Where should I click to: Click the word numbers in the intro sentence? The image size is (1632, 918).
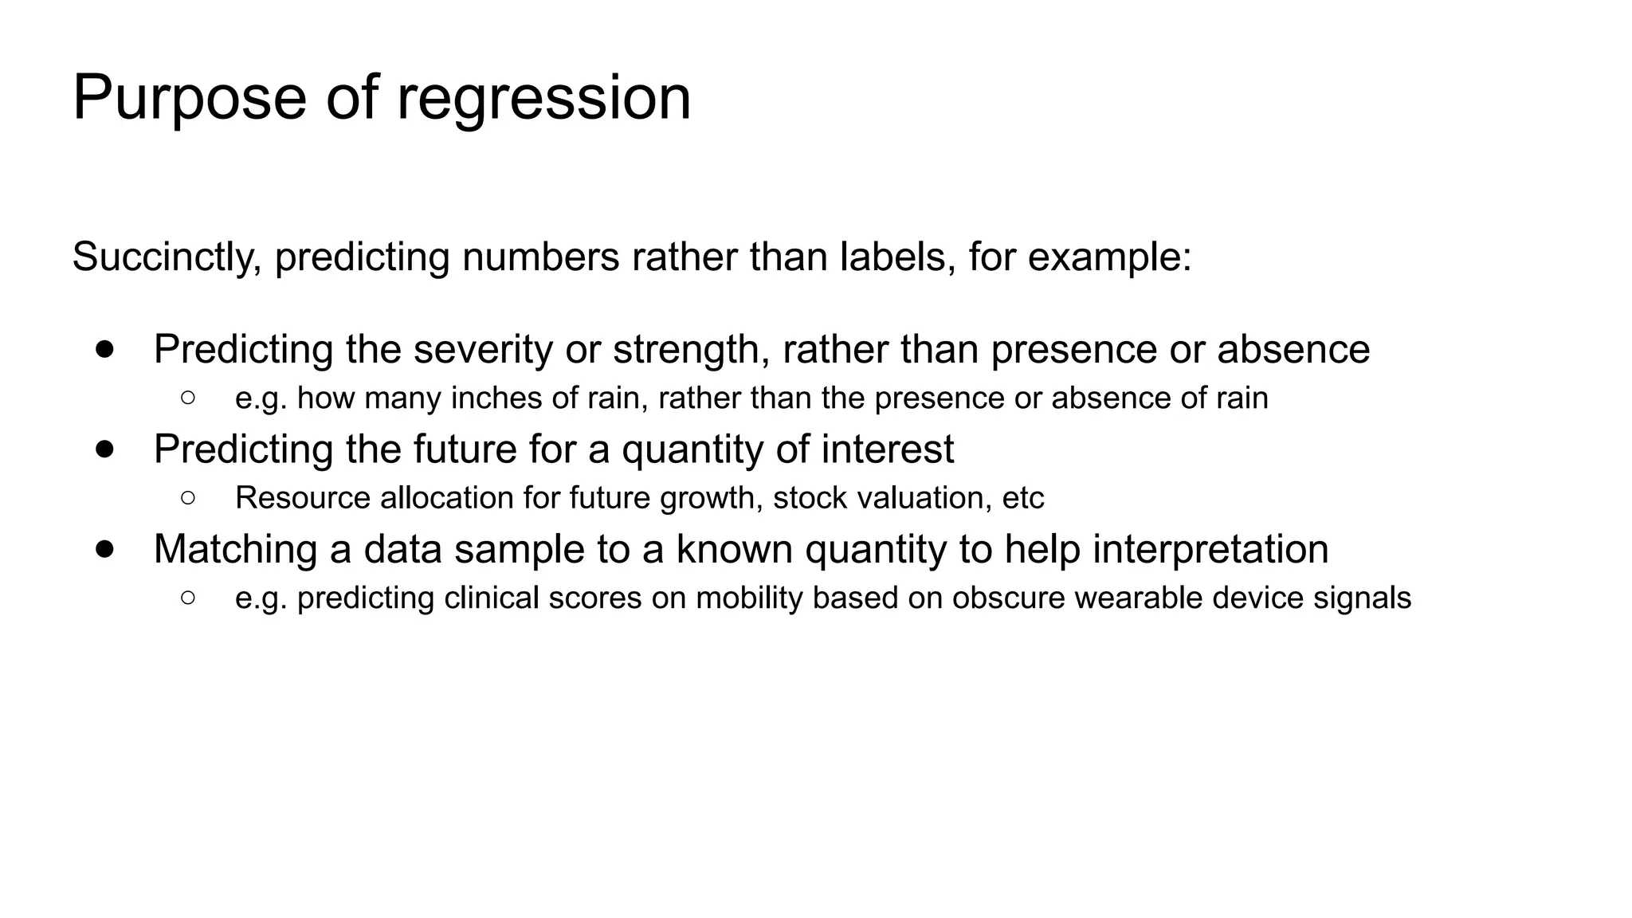tap(540, 257)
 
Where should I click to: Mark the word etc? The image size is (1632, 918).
tap(1022, 498)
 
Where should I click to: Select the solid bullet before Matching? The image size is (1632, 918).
tap(104, 549)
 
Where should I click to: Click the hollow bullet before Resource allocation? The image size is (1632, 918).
tap(188, 498)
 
